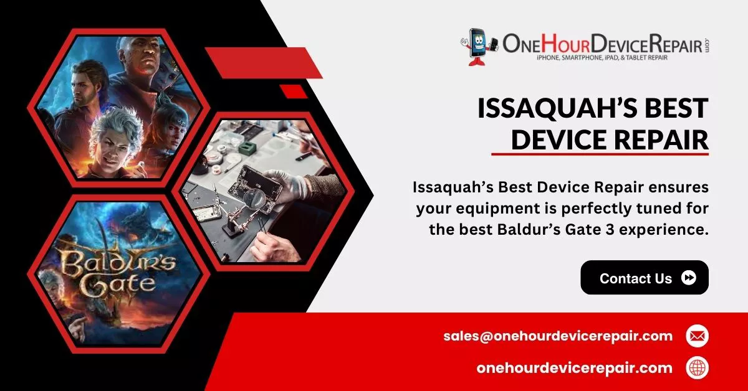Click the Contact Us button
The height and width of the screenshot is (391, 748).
pos(645,278)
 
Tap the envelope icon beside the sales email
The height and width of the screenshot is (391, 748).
pos(698,336)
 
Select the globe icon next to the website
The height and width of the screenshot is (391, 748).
pos(698,368)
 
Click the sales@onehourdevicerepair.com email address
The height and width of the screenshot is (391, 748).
pos(558,336)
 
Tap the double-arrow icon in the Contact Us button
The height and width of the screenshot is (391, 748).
pos(689,278)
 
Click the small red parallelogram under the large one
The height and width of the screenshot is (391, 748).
pos(294,92)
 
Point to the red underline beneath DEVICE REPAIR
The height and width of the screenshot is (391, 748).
pos(600,154)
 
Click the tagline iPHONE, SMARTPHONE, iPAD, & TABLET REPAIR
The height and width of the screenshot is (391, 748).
pos(602,58)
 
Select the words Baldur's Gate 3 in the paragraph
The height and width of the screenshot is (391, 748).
pos(555,230)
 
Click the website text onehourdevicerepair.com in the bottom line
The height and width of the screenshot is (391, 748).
pos(574,369)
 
